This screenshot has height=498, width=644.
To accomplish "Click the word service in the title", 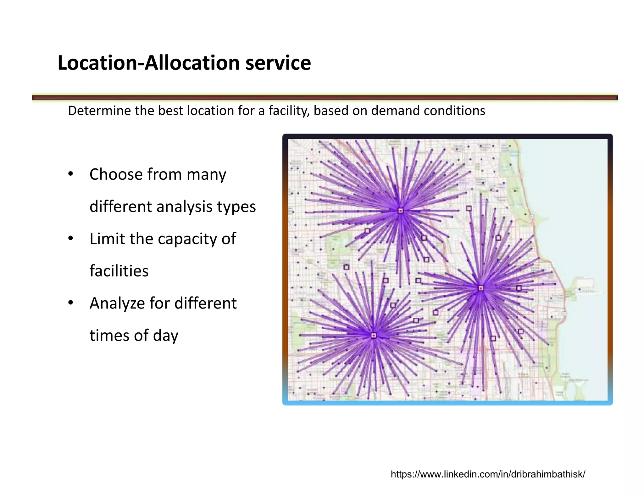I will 278,63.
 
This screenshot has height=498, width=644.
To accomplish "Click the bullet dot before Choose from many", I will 71,174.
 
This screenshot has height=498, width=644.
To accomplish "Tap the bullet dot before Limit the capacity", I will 71,238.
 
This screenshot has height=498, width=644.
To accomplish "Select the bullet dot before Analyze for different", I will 71,303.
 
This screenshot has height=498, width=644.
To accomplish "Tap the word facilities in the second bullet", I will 119,271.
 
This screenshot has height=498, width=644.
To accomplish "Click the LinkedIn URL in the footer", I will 488,474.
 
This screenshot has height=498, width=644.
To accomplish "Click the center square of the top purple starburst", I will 400,211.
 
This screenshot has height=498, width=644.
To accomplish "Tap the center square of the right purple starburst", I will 480,288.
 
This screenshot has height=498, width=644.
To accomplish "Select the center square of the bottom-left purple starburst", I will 374,336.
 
